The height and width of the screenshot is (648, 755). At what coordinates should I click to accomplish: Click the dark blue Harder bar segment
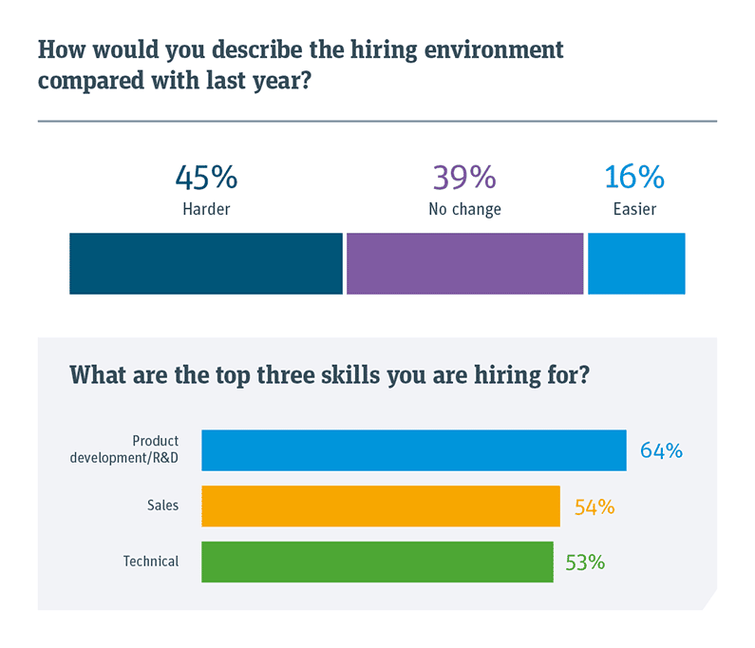click(x=205, y=263)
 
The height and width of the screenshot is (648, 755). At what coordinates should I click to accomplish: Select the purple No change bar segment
click(x=464, y=263)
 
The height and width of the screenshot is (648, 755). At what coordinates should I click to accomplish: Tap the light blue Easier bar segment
click(x=636, y=263)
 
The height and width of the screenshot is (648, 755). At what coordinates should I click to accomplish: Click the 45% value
click(x=206, y=178)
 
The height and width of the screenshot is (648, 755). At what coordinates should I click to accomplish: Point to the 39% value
click(x=464, y=178)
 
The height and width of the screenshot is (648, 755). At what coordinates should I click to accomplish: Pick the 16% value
click(x=634, y=178)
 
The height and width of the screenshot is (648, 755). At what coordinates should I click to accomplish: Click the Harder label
click(x=206, y=209)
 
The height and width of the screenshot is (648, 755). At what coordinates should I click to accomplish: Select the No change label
click(x=464, y=209)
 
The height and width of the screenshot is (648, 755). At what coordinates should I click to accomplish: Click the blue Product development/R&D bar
click(x=414, y=450)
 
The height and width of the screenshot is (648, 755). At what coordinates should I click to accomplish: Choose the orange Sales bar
click(x=381, y=505)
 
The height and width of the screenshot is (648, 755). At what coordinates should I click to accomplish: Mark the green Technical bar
click(x=378, y=562)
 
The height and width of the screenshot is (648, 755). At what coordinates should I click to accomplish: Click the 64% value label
click(x=661, y=450)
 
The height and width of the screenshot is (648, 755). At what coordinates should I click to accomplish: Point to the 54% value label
click(x=595, y=506)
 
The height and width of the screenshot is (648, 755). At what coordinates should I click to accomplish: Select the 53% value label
click(x=585, y=562)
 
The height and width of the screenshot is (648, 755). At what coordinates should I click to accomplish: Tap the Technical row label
click(x=150, y=561)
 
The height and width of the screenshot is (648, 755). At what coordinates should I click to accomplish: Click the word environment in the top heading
click(x=470, y=49)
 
